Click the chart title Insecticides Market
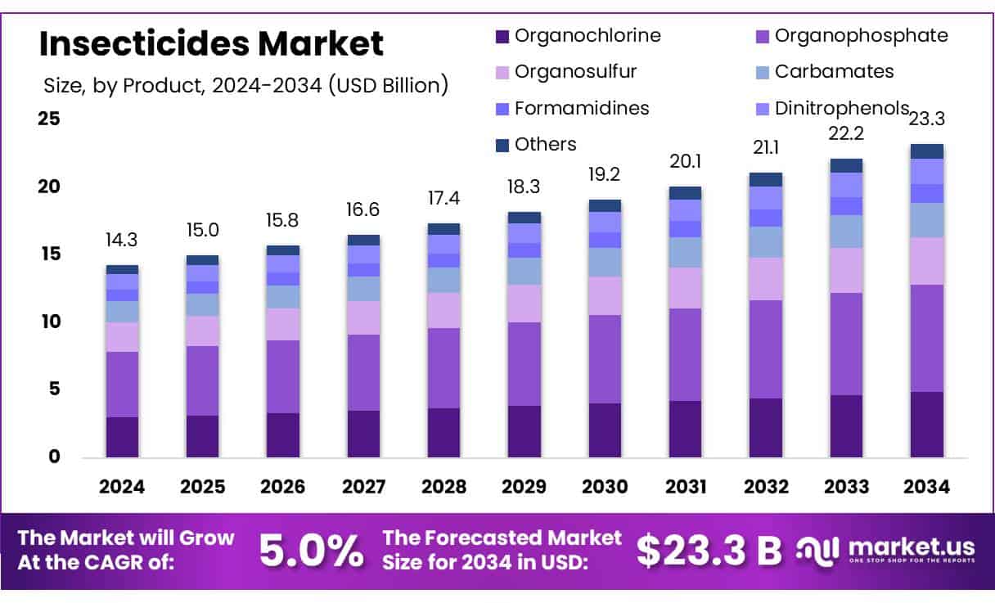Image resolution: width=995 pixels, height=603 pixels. (211, 43)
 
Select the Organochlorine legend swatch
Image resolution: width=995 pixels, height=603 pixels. (502, 36)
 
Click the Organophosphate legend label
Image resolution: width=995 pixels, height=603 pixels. (861, 35)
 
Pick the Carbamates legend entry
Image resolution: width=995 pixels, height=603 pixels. (834, 71)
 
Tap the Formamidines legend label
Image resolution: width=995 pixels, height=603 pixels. (582, 108)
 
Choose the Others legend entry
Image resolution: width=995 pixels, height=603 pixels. (545, 145)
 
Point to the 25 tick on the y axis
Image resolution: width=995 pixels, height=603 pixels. (49, 119)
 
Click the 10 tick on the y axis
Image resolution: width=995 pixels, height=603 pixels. (49, 322)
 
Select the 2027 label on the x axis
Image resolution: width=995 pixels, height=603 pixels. (363, 487)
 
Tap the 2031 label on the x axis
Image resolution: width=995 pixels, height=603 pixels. (686, 487)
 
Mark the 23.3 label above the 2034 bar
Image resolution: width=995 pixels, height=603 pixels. (927, 119)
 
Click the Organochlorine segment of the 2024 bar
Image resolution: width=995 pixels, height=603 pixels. (122, 437)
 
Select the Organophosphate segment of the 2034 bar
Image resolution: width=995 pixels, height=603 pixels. (927, 338)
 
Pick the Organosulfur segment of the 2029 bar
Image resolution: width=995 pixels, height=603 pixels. (525, 304)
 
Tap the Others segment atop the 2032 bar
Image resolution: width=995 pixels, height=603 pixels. (766, 179)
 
